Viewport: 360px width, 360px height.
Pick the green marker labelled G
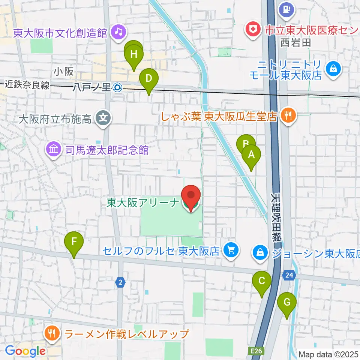click(287, 303)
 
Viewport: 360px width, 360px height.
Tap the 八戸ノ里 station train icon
click(117, 87)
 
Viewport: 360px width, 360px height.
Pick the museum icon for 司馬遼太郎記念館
click(53, 150)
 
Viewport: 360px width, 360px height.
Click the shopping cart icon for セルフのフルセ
click(231, 250)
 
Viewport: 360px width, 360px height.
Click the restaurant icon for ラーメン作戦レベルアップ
click(52, 333)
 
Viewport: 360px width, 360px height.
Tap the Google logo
click(25, 351)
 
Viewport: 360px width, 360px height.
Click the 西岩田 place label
click(296, 42)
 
